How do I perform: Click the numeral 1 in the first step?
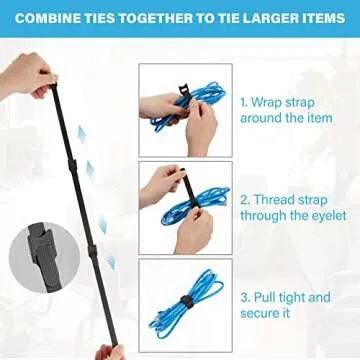pos(242,102)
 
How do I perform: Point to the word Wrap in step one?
pos(266,102)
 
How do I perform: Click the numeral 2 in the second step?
pos(243,199)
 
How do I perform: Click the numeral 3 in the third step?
pos(243,297)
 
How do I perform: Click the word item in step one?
pos(320,118)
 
